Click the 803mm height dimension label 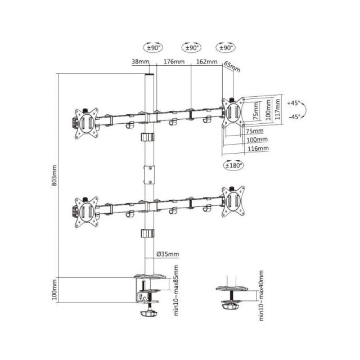(x=55, y=176)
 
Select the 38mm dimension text (x=141, y=62)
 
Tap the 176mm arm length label (x=173, y=62)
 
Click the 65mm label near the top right (x=231, y=67)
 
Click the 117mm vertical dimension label (x=277, y=109)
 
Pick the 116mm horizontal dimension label (x=258, y=148)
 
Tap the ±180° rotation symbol (x=233, y=165)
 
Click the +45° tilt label (x=293, y=103)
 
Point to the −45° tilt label (x=293, y=116)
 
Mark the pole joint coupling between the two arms (x=150, y=174)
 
